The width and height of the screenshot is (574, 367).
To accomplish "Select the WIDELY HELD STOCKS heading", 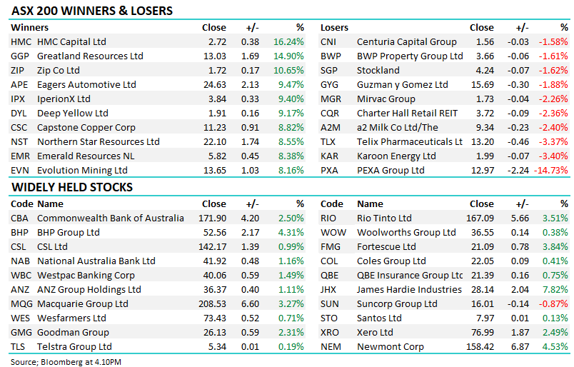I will [71, 188].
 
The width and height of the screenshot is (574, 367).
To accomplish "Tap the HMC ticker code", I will [21, 42].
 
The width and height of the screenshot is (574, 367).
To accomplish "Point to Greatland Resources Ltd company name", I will [90, 56].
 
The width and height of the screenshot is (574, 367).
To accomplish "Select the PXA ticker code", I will [329, 171].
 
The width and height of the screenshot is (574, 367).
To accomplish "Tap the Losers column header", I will [334, 28].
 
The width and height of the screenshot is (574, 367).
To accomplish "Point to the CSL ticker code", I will [19, 247].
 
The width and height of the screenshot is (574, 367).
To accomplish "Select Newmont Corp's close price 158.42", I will [479, 347].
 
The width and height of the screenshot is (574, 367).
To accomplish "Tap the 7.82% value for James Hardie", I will [556, 290].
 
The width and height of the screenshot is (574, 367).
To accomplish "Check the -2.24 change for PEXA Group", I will [518, 171].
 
